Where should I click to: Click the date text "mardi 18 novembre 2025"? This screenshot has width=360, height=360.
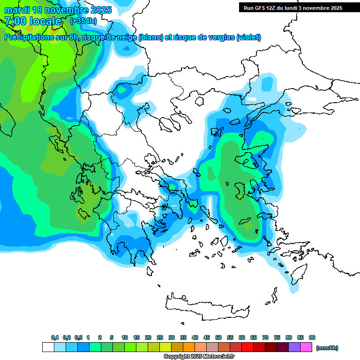pyautogui.click(x=58, y=10)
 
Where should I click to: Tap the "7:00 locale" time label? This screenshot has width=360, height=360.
pyautogui.click(x=33, y=21)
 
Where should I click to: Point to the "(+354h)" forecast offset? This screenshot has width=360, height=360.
pyautogui.click(x=83, y=21)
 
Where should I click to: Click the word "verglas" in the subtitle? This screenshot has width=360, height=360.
pyautogui.click(x=218, y=37)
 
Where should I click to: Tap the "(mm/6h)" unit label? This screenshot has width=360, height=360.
pyautogui.click(x=327, y=348)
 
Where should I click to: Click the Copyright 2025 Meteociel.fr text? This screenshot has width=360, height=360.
pyautogui.click(x=199, y=357)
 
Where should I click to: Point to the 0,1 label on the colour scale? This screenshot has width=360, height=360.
pyautogui.click(x=55, y=337)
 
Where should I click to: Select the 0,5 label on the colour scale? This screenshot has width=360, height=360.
pyautogui.click(x=78, y=337)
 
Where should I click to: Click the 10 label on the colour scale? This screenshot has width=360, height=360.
pyautogui.click(x=125, y=337)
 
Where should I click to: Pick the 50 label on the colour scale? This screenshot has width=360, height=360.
pyautogui.click(x=218, y=337)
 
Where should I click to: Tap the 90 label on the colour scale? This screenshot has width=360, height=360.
pyautogui.click(x=312, y=337)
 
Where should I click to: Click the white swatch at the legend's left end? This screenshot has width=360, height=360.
pyautogui.click(x=48, y=347)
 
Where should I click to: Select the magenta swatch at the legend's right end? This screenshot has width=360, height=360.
pyautogui.click(x=306, y=347)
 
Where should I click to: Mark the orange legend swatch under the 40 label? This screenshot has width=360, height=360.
pyautogui.click(x=189, y=347)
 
